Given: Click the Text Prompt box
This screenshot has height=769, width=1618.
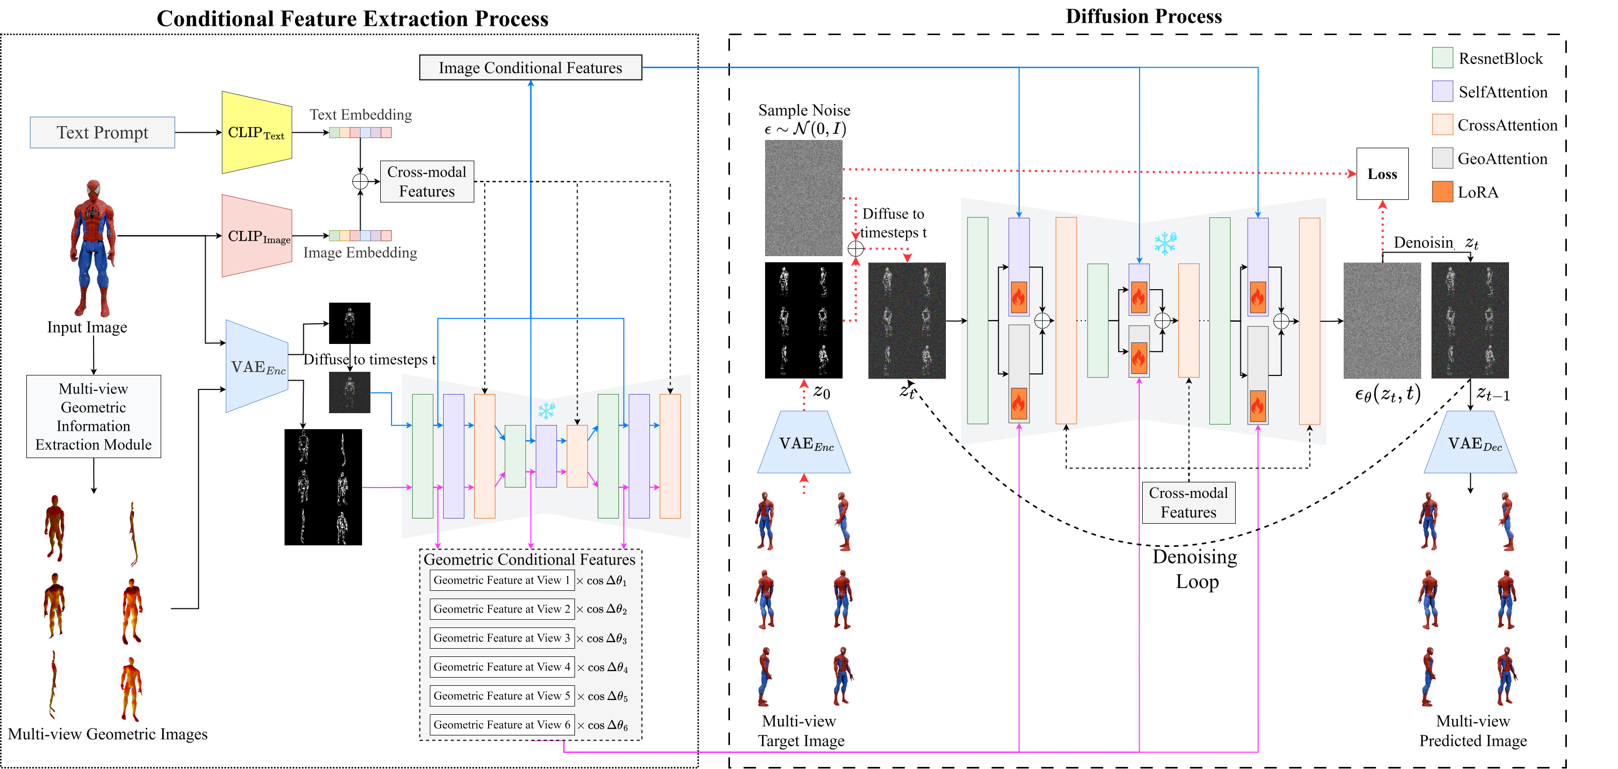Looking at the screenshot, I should tap(102, 132).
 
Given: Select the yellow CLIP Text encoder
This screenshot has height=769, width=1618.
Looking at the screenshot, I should tap(256, 132).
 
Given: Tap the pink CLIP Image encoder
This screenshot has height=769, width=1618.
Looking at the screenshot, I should tap(256, 236).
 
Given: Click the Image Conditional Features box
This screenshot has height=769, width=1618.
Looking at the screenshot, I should tap(530, 68).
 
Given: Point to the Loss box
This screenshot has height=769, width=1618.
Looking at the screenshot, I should tap(1382, 174).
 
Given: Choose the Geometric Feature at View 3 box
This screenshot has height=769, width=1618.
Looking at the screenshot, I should tap(501, 638).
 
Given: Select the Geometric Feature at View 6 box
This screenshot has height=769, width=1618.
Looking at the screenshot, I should tap(501, 725).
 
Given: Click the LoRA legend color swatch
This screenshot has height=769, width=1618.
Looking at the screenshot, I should tap(1442, 192).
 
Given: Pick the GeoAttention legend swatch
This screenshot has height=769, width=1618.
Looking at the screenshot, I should tap(1442, 158).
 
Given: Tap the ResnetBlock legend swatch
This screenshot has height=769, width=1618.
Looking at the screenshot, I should tap(1442, 58).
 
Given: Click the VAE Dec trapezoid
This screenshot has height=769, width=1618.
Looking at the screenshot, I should tap(1470, 443).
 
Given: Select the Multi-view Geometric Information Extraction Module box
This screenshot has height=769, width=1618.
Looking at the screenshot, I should tap(94, 416).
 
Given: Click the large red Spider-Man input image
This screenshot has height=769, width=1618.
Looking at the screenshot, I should tap(94, 248).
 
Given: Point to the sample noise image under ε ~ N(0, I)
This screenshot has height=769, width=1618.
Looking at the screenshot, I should tap(803, 198).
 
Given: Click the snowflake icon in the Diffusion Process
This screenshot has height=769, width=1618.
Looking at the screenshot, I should tap(1165, 243).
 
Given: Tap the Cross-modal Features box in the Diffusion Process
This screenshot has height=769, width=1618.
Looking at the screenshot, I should tap(1188, 502).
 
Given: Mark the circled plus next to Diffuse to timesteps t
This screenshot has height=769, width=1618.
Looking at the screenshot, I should tap(855, 248).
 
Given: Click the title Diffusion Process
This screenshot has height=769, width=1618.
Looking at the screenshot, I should tap(1143, 17).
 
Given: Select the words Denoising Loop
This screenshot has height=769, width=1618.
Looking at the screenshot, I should tap(1195, 569).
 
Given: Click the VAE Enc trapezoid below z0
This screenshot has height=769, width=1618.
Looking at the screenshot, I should tap(804, 443).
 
